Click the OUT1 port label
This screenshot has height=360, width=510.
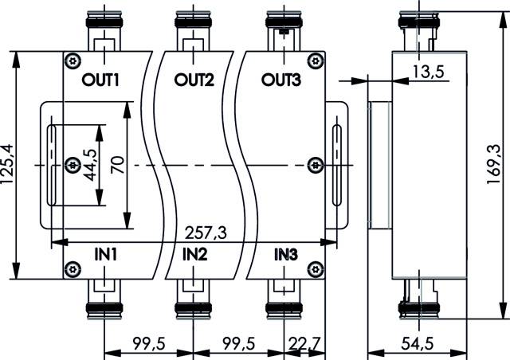click(100, 80)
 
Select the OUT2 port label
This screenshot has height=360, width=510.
click(195, 80)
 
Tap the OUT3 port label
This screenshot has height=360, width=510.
click(281, 80)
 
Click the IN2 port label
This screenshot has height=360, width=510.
click(195, 255)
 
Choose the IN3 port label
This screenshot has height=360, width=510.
click(286, 255)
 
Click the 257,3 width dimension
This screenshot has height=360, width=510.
click(204, 232)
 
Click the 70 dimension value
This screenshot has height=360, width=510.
click(116, 165)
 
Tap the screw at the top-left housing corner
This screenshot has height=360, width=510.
click(73, 61)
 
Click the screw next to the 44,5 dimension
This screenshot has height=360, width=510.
click(73, 165)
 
